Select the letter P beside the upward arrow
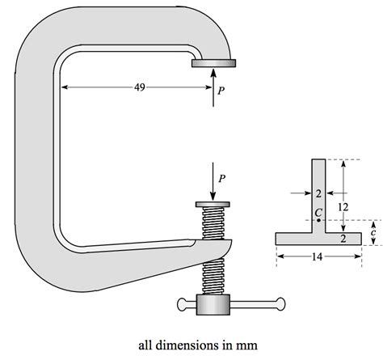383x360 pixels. (x=222, y=92)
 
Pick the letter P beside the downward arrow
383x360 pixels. (x=222, y=177)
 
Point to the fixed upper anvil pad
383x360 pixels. (x=214, y=63)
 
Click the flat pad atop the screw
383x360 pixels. (x=213, y=205)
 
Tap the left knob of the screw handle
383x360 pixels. (x=180, y=304)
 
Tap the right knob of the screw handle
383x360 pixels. (x=280, y=304)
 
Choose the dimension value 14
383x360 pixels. (x=318, y=258)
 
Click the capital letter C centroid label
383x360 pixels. (x=318, y=212)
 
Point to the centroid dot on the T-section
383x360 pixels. (x=319, y=220)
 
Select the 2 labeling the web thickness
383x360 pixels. (x=318, y=194)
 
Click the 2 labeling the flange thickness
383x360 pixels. (x=343, y=239)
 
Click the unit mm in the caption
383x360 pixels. (x=246, y=343)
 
